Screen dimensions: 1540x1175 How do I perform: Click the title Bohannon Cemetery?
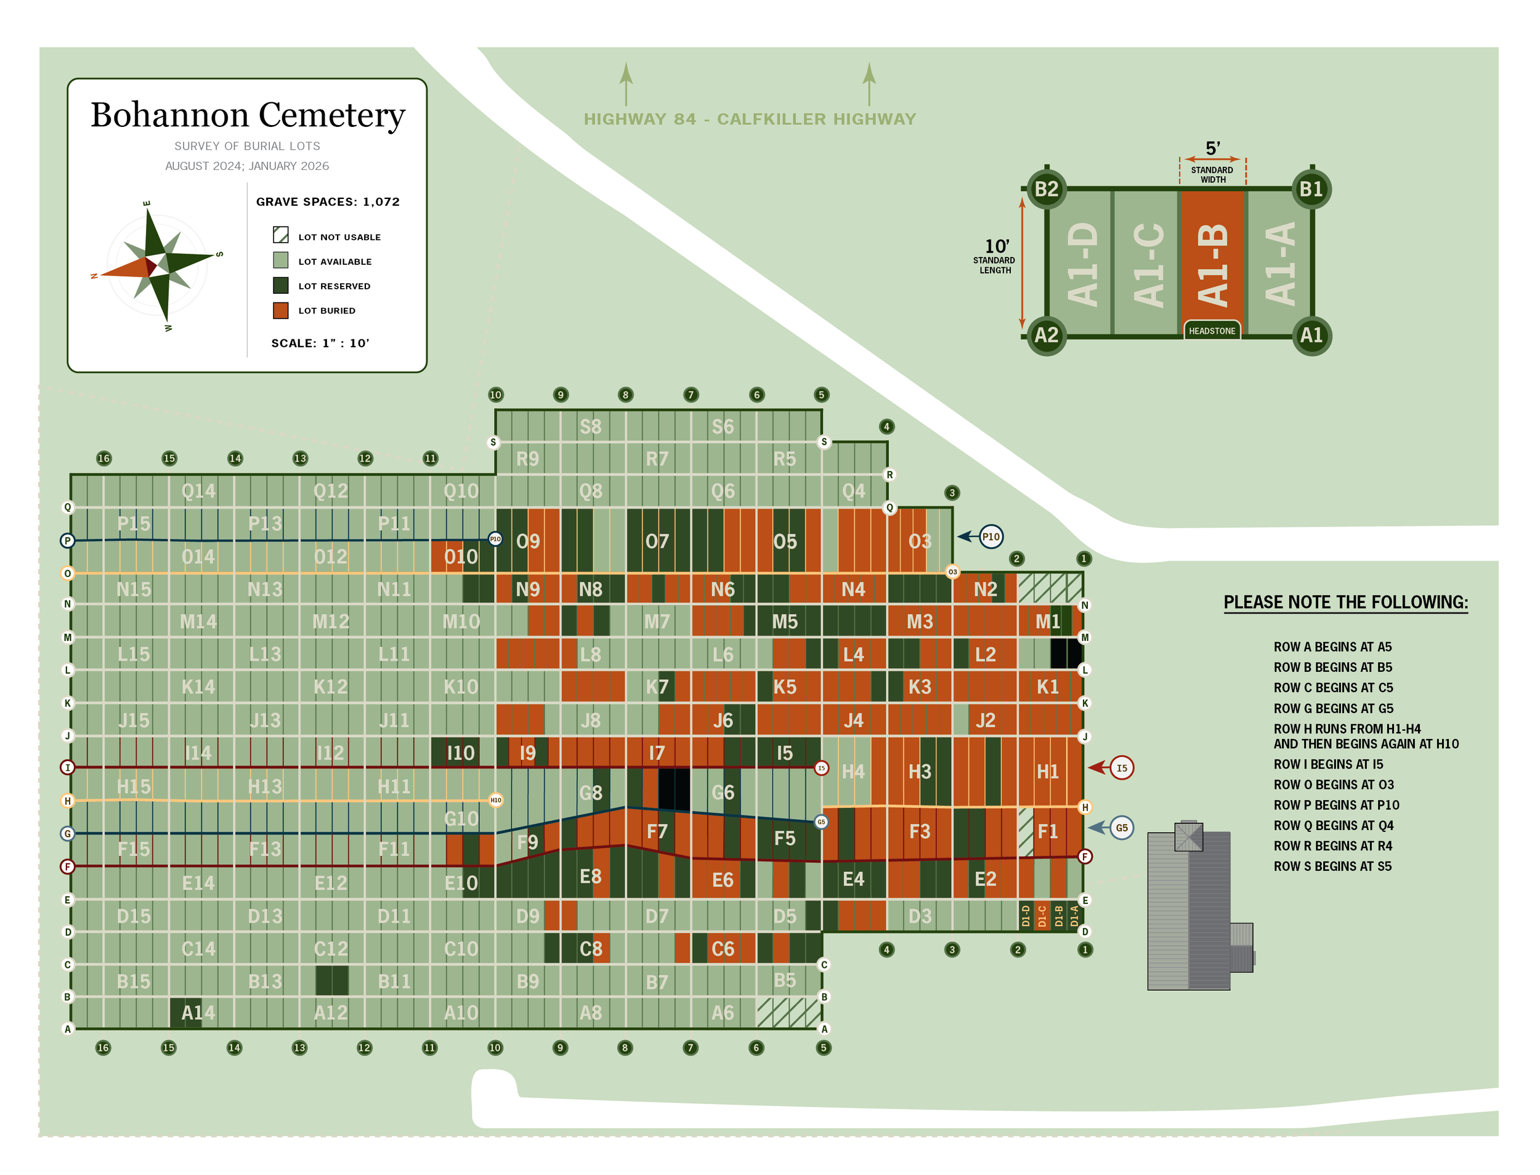248,115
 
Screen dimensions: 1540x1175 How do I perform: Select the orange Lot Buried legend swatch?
280,310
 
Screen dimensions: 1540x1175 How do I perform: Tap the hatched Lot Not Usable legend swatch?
280,235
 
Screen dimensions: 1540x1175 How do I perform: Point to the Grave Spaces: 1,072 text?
328,202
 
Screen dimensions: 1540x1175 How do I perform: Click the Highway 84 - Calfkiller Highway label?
749,119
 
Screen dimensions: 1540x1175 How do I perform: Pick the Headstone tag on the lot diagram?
1212,331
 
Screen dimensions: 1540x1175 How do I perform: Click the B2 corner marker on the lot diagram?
1046,189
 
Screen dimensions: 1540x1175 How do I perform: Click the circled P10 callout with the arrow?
990,536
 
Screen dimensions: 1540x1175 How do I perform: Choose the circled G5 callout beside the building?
1121,828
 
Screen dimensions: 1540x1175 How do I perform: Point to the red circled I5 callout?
1122,768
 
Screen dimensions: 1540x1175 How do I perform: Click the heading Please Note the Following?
1345,602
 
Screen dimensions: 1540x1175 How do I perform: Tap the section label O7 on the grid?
657,541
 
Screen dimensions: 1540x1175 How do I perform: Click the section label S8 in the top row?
591,427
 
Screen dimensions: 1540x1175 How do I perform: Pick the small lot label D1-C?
1042,916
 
